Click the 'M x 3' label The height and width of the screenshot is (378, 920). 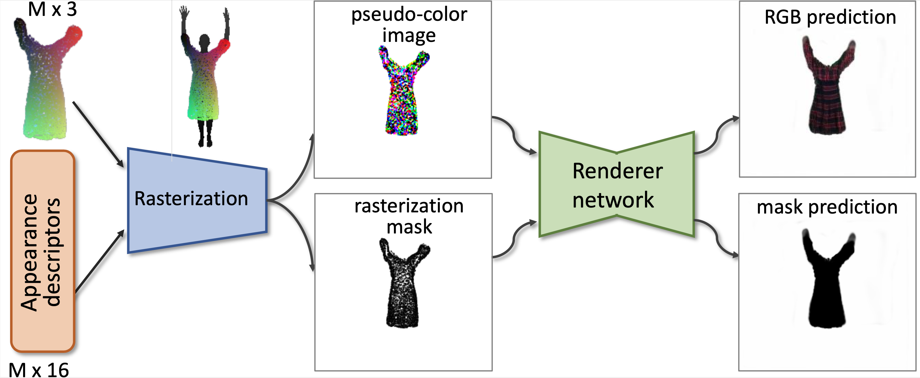pos(53,9)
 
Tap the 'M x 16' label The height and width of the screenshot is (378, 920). pos(39,370)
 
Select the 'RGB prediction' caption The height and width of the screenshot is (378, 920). pos(830,17)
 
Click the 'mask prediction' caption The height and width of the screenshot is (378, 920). pos(827,207)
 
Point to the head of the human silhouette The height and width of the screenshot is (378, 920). pos(204,41)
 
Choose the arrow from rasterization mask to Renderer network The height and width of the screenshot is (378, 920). pos(514,239)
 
